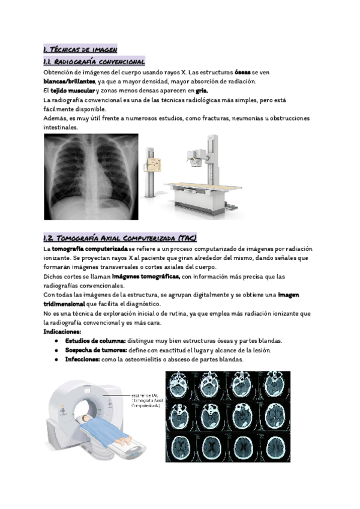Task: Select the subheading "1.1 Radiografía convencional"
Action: [94, 62]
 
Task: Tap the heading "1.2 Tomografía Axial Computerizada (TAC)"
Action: [120, 238]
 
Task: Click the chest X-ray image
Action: [91, 176]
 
